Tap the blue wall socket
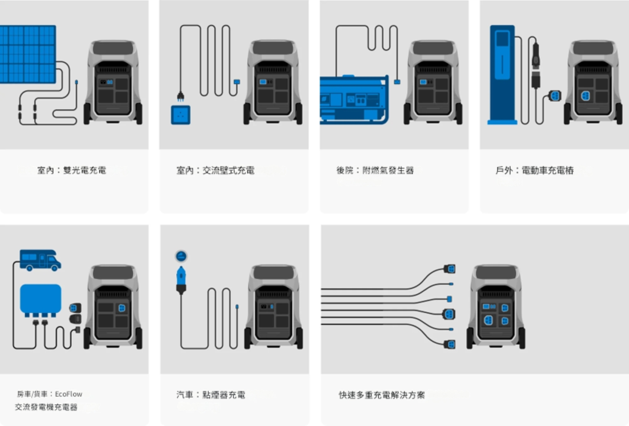pyautogui.click(x=181, y=115)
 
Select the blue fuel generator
pyautogui.click(x=354, y=100)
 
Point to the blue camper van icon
pyautogui.click(x=40, y=260)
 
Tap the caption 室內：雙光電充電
pyautogui.click(x=72, y=170)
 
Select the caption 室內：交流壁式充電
pyautogui.click(x=215, y=170)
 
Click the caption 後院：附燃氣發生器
pyautogui.click(x=375, y=170)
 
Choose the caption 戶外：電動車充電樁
pyautogui.click(x=534, y=170)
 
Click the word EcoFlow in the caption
pyautogui.click(x=68, y=394)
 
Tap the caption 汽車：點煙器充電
pyautogui.click(x=211, y=395)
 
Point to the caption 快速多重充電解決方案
pyautogui.click(x=382, y=395)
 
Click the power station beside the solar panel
pyautogui.click(x=113, y=83)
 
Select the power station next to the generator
pyautogui.click(x=433, y=83)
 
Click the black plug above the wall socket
pyautogui.click(x=181, y=96)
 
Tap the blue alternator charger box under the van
pyautogui.click(x=41, y=299)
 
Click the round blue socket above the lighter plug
pyautogui.click(x=181, y=256)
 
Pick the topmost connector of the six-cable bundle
pyautogui.click(x=450, y=269)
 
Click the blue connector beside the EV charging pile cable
pyautogui.click(x=555, y=95)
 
